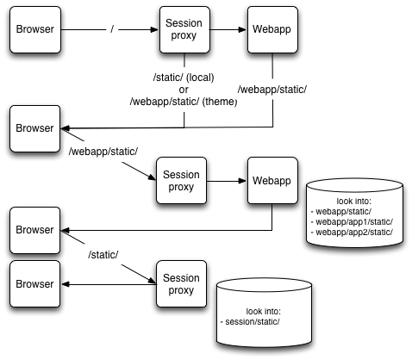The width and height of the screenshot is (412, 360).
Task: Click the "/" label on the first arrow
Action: pyautogui.click(x=112, y=29)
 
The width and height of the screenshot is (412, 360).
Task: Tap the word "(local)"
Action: pyautogui.click(x=200, y=78)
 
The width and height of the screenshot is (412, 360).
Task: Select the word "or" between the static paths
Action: pyautogui.click(x=184, y=90)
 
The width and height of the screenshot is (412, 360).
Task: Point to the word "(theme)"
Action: pyautogui.click(x=220, y=102)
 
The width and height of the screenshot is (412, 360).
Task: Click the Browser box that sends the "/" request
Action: pyautogui.click(x=35, y=30)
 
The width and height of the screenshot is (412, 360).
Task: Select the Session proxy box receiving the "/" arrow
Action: pyautogui.click(x=184, y=30)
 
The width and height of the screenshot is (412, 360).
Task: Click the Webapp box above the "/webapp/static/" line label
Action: pyautogui.click(x=272, y=30)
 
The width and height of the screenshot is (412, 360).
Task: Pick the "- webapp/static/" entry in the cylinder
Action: pyautogui.click(x=341, y=212)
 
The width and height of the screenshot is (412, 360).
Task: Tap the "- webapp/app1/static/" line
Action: pyautogui.click(x=352, y=222)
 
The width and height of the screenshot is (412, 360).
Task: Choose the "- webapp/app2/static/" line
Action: pyautogui.click(x=352, y=232)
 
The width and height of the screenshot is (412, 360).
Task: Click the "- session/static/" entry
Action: pyautogui.click(x=250, y=322)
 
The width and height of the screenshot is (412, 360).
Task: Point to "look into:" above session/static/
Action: pyautogui.click(x=263, y=311)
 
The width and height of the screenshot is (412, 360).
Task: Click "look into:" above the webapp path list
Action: pyautogui.click(x=354, y=201)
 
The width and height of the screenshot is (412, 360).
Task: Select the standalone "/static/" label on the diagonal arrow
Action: pyautogui.click(x=103, y=255)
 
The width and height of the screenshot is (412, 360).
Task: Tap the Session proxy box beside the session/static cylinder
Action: pyautogui.click(x=181, y=284)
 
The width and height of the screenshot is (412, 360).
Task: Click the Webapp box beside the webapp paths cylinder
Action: pyautogui.click(x=272, y=181)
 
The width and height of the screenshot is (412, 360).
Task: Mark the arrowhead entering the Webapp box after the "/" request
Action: pyautogui.click(x=242, y=29)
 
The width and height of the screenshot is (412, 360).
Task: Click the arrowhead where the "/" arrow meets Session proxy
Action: pyautogui.click(x=154, y=29)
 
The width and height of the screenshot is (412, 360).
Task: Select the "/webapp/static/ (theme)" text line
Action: pyautogui.click(x=184, y=102)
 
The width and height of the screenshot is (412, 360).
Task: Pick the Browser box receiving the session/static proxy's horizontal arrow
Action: pyautogui.click(x=34, y=284)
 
